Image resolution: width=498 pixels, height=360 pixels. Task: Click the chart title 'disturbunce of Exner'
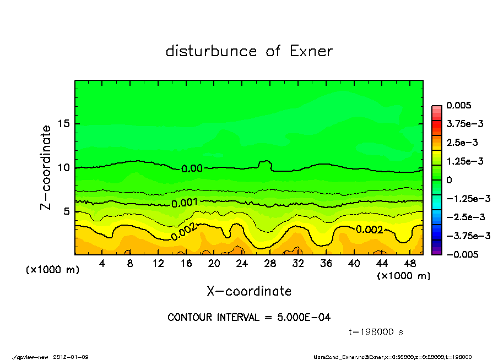pos(249,51)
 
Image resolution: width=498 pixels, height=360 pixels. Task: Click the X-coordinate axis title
pos(249,291)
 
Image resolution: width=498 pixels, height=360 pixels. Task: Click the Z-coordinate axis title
pos(46,167)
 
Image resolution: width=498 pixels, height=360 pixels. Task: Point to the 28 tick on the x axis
pos(270,264)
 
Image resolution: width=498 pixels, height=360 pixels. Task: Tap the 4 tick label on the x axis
pos(102,264)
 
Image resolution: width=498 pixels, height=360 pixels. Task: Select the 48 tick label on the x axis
pos(409,264)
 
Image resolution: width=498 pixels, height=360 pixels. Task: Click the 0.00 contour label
pos(192,168)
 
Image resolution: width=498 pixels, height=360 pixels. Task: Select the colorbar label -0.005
pos(462,254)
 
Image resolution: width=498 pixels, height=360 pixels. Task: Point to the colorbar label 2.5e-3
pos(462,143)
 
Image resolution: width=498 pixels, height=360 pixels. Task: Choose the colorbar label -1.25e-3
pos(465,198)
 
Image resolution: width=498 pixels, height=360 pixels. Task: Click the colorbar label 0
pos(450,180)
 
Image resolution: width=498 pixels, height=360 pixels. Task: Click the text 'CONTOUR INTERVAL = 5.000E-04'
pos(249,318)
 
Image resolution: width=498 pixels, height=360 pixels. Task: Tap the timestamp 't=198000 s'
pos(377,332)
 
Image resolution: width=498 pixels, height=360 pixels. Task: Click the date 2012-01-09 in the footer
pos(71,357)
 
